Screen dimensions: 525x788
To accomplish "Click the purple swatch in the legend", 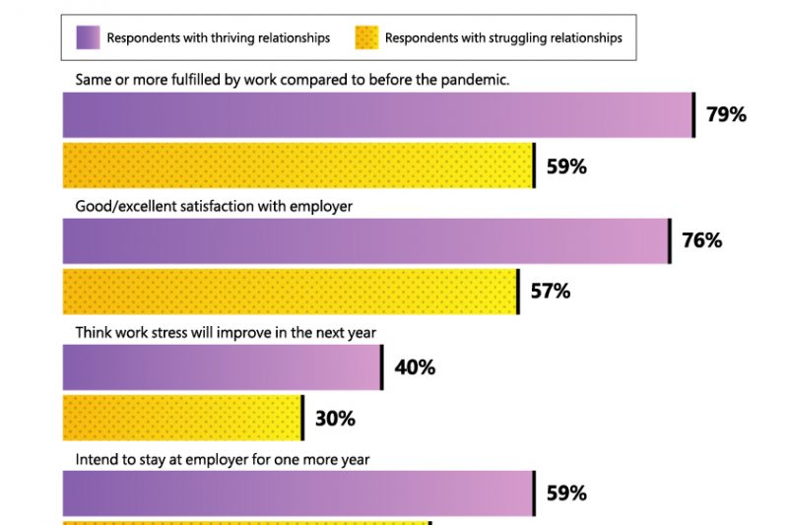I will (x=89, y=38).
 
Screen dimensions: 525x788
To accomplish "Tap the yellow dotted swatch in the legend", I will (x=365, y=38).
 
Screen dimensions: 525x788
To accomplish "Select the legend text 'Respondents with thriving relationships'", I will (x=218, y=38).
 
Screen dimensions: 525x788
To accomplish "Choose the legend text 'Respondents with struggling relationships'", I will (x=503, y=38).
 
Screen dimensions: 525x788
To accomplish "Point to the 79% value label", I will (x=726, y=115).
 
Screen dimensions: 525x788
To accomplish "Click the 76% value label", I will (x=701, y=240).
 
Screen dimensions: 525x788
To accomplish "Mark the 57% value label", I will (x=550, y=292).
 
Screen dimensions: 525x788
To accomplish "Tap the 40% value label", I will (x=415, y=367).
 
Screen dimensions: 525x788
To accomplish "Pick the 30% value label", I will (x=335, y=419).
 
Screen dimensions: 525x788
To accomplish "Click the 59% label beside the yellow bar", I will (x=566, y=166).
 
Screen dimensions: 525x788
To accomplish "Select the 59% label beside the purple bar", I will (x=566, y=493).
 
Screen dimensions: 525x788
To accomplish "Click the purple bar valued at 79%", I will (x=378, y=115).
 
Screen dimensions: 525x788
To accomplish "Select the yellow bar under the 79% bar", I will (x=297, y=165).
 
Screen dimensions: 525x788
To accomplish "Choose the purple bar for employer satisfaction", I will (x=365, y=240).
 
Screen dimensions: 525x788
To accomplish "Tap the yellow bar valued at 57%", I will (x=291, y=292).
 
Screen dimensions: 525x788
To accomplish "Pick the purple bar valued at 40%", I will (x=222, y=367).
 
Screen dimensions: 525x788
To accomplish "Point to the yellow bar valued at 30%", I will (x=182, y=418).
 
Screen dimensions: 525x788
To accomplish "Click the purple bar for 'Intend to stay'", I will (x=297, y=493).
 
